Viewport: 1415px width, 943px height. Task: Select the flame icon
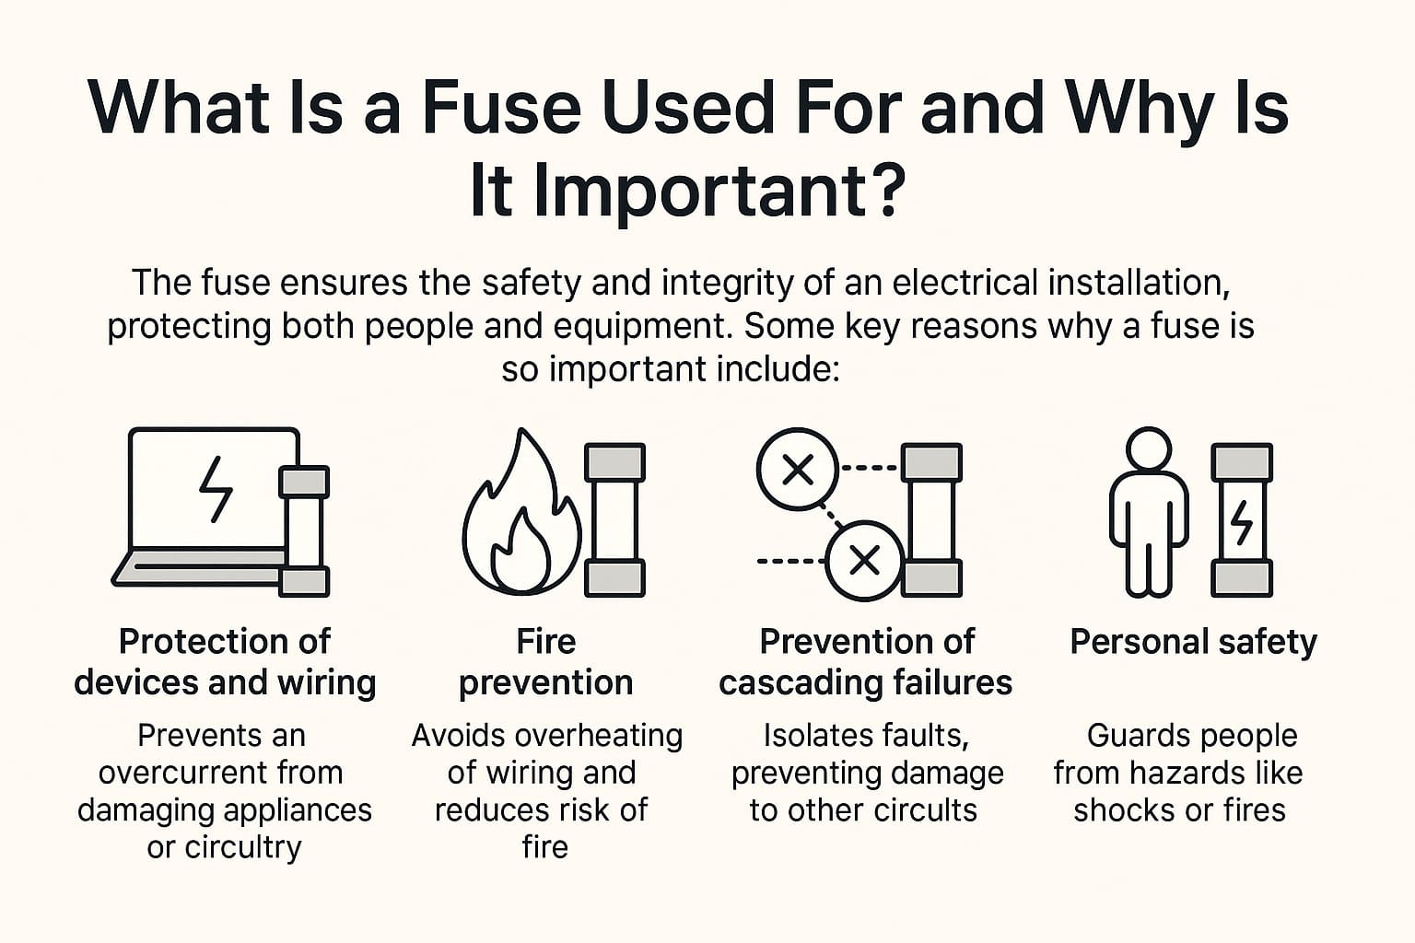(521, 513)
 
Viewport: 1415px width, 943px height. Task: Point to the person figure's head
(1149, 449)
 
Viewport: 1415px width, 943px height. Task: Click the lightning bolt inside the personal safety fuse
(1242, 523)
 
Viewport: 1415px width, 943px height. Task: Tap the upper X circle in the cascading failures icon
(798, 470)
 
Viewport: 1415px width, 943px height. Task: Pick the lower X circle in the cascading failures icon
(865, 560)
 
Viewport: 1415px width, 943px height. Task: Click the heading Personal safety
(1193, 643)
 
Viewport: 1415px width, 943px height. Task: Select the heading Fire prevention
(545, 662)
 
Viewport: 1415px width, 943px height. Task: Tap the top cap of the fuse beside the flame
(614, 461)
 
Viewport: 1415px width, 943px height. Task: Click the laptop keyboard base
(198, 566)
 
